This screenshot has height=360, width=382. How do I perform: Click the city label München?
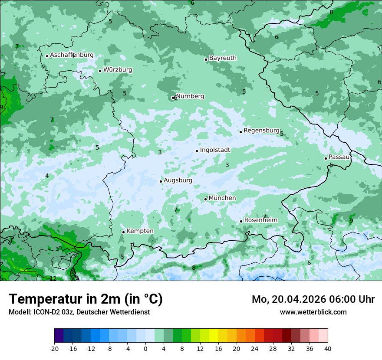click(222, 198)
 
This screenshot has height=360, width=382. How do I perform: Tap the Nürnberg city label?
click(190, 96)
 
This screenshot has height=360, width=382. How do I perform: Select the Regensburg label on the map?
click(261, 131)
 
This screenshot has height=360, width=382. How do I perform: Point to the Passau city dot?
click(326, 158)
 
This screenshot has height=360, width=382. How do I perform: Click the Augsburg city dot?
click(161, 181)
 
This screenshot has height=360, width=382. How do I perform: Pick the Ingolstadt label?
click(215, 150)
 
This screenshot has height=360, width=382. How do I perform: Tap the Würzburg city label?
click(118, 70)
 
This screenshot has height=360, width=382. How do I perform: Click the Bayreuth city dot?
click(206, 59)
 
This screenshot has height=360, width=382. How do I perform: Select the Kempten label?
click(140, 231)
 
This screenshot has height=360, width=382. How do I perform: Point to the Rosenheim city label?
click(260, 220)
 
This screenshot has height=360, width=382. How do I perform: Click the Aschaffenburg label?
click(72, 55)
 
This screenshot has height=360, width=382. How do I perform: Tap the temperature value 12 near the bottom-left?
click(53, 278)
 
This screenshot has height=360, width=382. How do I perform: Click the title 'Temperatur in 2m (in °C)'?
click(86, 299)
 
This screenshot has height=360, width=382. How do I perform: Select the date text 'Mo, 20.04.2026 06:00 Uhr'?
click(313, 299)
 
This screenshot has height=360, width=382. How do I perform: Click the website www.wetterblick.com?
click(313, 312)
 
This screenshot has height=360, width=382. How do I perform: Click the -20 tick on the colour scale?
click(54, 349)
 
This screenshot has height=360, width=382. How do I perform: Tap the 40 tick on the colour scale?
click(327, 349)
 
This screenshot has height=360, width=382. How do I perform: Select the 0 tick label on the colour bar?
click(145, 349)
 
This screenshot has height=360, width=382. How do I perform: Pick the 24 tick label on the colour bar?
click(255, 349)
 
